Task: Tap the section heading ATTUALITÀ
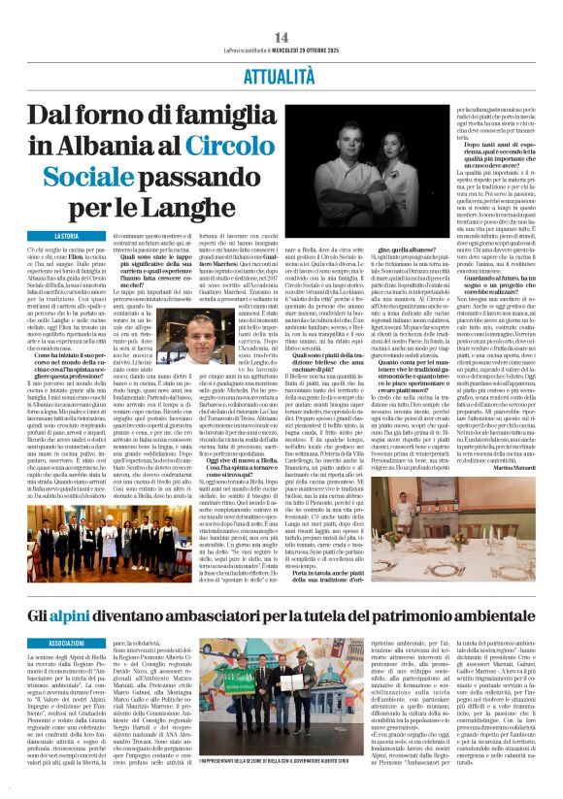coord(281,72)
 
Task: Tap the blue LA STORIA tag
coord(67,237)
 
